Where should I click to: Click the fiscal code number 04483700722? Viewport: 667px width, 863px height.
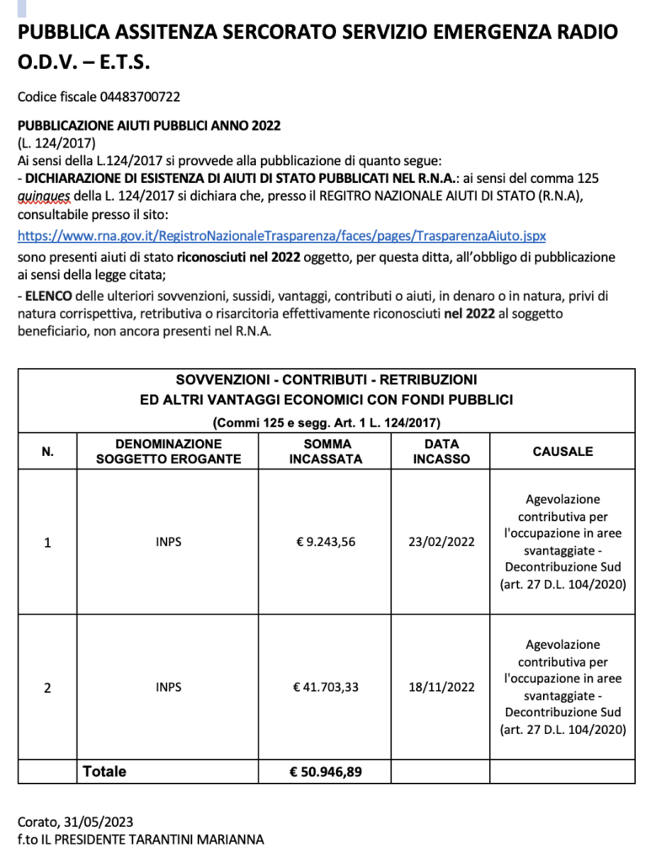point(140,97)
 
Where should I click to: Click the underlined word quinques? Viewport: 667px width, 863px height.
point(42,196)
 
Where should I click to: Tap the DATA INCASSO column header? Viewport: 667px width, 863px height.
point(441,452)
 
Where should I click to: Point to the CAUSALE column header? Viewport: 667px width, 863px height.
point(563,452)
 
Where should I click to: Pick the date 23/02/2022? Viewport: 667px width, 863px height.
point(441,542)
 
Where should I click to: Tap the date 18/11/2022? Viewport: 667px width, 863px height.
point(441,687)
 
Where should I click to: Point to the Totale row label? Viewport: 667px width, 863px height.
point(104,771)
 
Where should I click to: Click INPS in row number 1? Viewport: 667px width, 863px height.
point(168,542)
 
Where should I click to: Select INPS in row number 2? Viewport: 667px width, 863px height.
point(168,687)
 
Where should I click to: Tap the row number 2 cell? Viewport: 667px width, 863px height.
point(47,687)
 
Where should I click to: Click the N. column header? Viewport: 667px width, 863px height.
point(47,452)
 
